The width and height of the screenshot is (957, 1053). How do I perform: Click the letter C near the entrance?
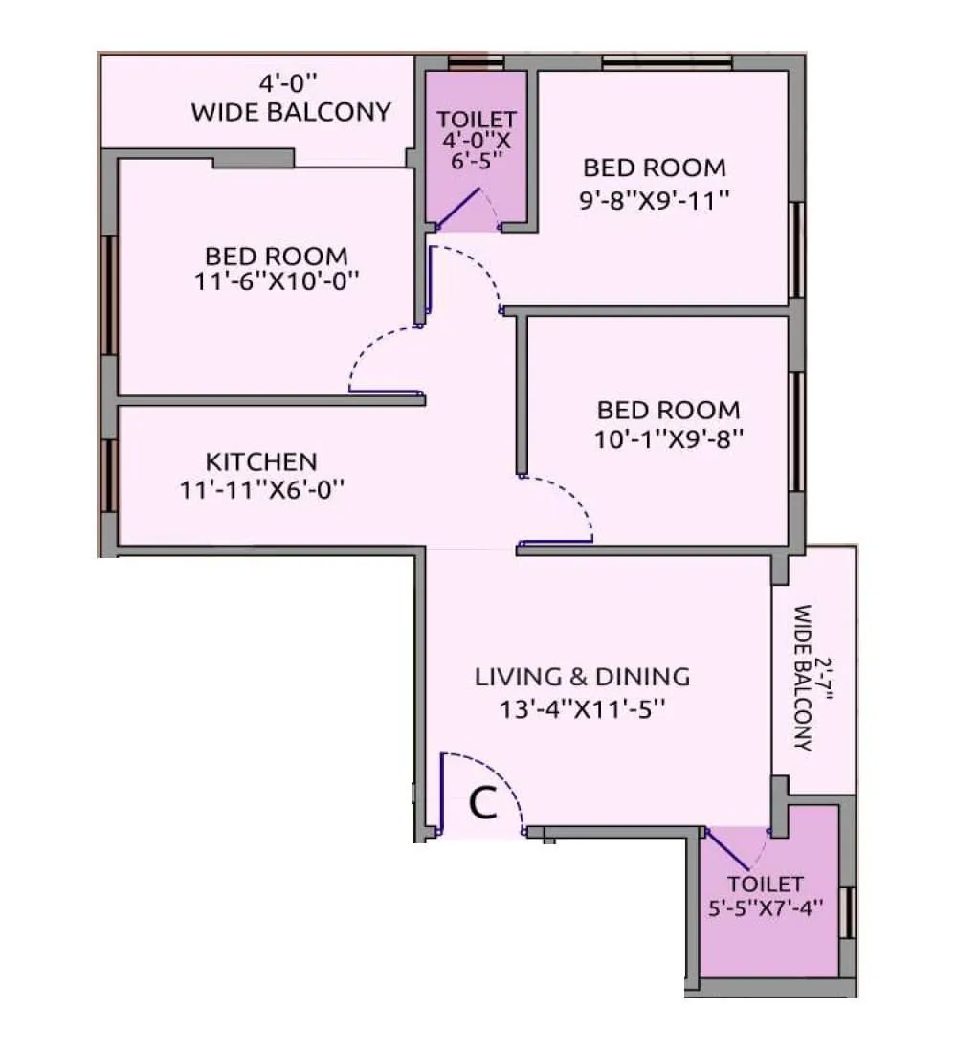click(x=484, y=803)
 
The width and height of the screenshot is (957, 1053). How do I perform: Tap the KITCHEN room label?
click(x=261, y=461)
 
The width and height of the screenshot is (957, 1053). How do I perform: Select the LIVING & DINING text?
click(x=582, y=677)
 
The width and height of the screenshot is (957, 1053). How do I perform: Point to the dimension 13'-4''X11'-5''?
click(x=582, y=709)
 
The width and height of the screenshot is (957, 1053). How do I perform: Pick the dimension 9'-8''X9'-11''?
click(x=656, y=201)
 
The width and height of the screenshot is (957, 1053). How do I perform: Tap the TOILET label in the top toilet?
click(x=477, y=120)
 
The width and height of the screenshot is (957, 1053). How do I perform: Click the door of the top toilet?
click(x=458, y=209)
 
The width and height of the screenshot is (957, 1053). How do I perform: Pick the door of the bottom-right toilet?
click(x=727, y=848)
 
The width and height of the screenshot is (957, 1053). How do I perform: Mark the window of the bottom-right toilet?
click(x=845, y=910)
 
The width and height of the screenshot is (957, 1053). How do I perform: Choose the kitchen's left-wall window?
click(x=109, y=475)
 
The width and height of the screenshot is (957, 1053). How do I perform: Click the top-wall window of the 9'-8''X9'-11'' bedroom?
click(x=667, y=63)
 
